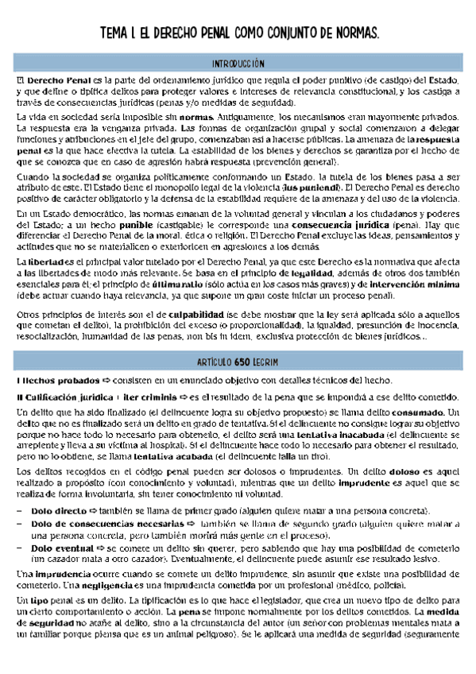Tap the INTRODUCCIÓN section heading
[x=238, y=63]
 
